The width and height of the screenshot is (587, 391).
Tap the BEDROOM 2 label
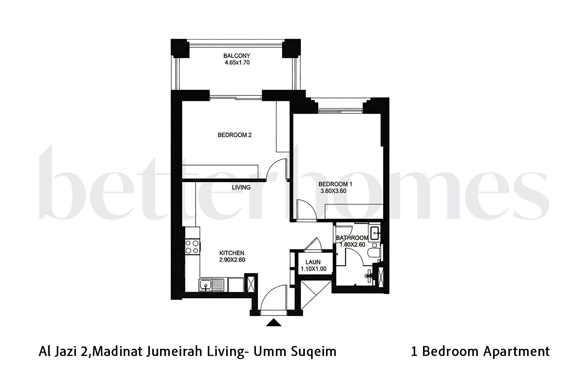click(234, 135)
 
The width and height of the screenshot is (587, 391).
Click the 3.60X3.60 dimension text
click(334, 191)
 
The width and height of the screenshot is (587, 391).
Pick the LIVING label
click(241, 188)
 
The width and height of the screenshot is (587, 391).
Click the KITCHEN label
click(232, 253)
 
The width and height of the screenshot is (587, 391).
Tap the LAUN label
click(313, 262)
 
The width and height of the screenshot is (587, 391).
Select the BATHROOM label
click(352, 238)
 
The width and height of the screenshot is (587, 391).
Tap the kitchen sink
click(205, 286)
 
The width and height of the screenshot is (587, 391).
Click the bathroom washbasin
click(375, 233)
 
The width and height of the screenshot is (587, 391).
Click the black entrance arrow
click(274, 323)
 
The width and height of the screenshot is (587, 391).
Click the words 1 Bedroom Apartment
click(480, 351)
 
